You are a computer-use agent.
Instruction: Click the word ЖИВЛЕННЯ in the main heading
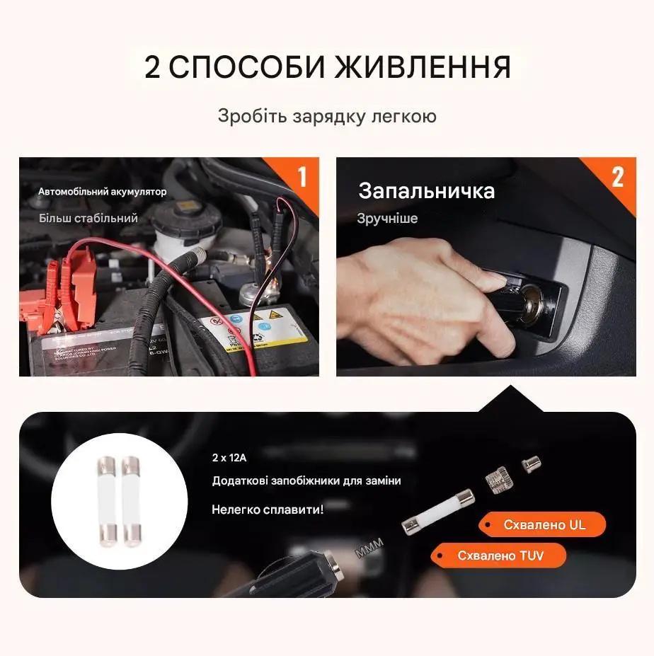(x=423, y=67)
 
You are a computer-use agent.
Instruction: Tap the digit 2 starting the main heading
(x=153, y=67)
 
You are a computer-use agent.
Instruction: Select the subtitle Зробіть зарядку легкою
(x=326, y=116)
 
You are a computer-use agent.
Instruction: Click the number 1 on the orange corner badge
(x=302, y=176)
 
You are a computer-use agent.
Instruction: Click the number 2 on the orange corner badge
(x=617, y=176)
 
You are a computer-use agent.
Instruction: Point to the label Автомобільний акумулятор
(x=103, y=192)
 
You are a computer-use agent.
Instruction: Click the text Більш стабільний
(x=88, y=218)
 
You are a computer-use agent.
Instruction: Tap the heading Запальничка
(x=426, y=191)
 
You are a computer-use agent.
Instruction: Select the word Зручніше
(x=387, y=219)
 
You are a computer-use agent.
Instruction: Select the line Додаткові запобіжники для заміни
(x=306, y=481)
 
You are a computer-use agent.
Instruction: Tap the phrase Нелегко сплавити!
(x=268, y=509)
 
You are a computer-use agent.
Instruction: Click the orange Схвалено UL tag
(x=543, y=525)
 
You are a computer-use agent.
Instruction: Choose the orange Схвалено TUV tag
(x=500, y=556)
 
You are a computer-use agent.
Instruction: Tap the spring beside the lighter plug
(x=369, y=547)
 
